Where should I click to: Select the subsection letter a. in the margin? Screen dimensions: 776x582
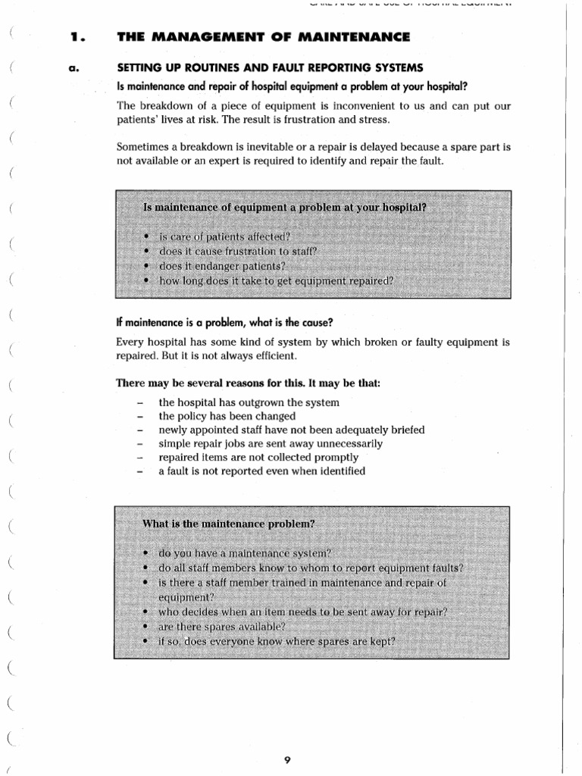(x=74, y=69)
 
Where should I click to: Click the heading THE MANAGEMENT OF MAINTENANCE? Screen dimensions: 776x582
(x=263, y=36)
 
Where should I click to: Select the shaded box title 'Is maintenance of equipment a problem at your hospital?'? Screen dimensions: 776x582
(x=285, y=208)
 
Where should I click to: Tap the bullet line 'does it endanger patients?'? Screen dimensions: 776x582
(x=222, y=266)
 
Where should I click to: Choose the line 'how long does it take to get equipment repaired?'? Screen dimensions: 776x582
(x=277, y=280)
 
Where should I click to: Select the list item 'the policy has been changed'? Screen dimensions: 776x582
(x=227, y=416)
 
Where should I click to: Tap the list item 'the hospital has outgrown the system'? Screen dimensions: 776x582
(x=249, y=402)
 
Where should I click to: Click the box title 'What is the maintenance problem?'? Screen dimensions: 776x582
(x=228, y=524)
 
